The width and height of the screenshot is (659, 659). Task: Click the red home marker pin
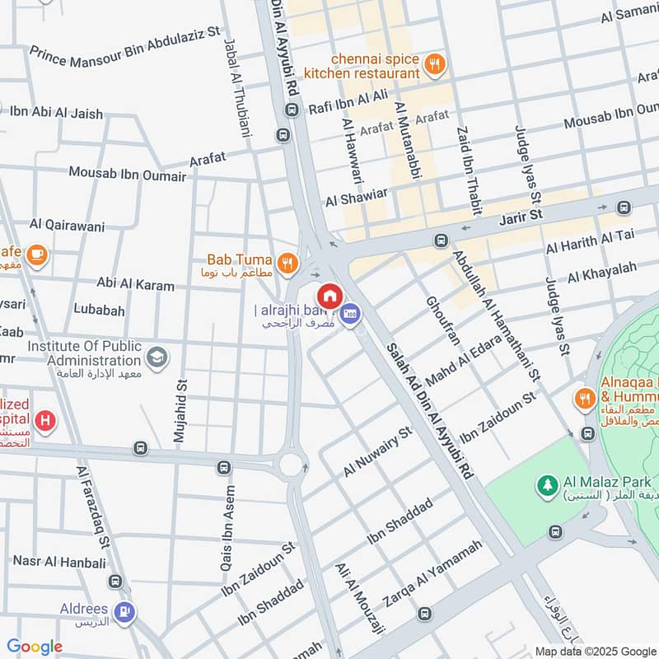coord(329,296)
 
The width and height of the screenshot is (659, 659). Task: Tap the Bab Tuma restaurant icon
coord(287,263)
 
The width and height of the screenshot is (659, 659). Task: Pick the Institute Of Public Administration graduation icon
coord(157,358)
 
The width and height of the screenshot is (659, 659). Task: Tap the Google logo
coord(35,647)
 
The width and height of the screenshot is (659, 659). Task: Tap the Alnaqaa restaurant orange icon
coord(583,398)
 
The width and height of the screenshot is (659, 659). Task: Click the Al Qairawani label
coord(63,223)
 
